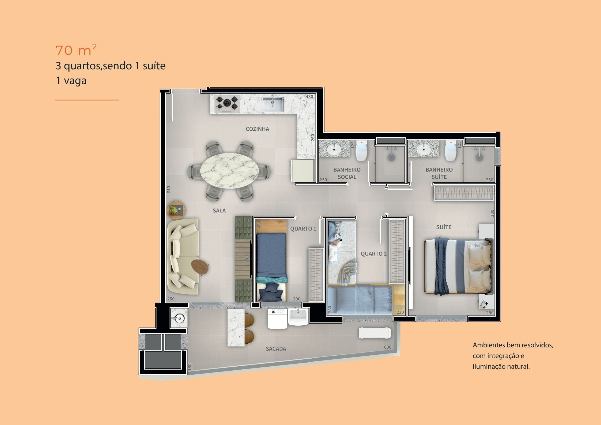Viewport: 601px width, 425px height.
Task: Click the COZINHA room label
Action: point(257,129)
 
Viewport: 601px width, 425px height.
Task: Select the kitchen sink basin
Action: point(273,104)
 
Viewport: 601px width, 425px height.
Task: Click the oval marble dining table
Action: point(229,171)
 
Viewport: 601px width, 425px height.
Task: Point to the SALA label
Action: point(219,210)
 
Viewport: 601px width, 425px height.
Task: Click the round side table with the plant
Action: point(176,210)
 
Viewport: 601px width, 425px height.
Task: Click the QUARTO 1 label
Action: point(303,228)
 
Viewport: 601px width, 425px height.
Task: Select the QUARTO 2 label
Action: point(373,254)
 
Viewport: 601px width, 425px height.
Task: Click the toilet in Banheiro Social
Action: point(361,151)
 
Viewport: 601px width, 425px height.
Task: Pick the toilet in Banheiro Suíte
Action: point(451,151)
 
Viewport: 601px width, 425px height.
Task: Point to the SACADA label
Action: point(276,349)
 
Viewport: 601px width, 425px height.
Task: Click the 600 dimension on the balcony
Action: point(388,347)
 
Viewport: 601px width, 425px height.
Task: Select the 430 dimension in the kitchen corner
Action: point(309,97)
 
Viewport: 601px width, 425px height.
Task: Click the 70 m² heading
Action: point(76,50)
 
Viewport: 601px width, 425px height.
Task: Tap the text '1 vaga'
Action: point(71,81)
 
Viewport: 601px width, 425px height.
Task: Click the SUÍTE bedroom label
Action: point(444,227)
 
